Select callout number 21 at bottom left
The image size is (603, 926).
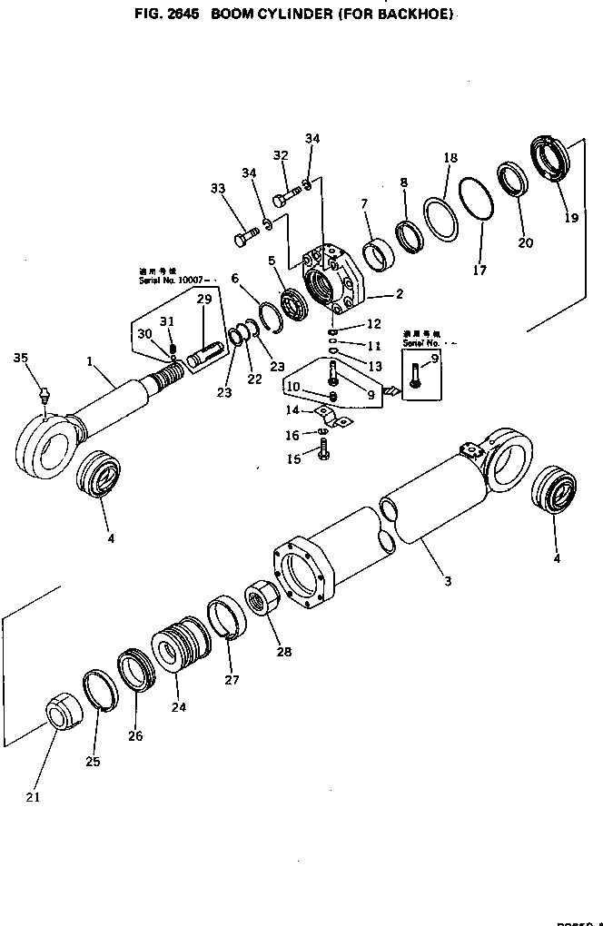tap(34, 798)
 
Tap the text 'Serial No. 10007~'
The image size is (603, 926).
tap(170, 280)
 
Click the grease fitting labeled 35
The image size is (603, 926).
tap(43, 396)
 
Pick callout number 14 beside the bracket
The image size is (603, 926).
tap(292, 409)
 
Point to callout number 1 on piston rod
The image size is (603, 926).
tap(91, 361)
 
